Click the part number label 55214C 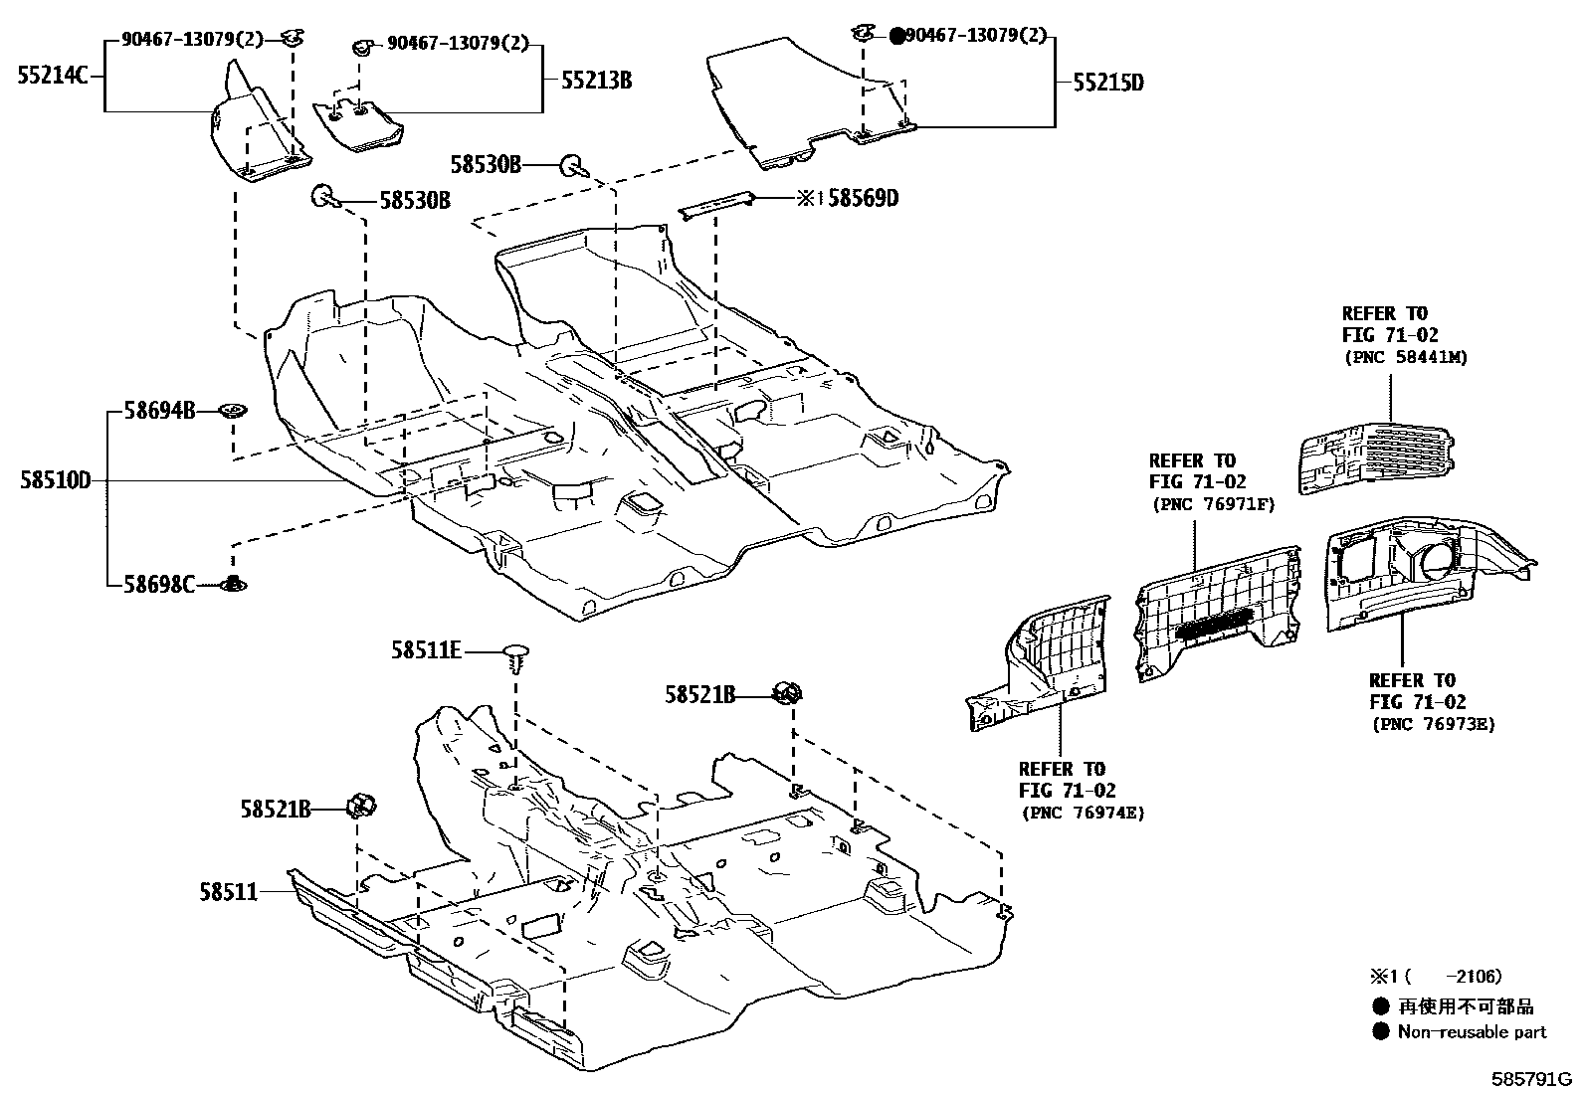[x=53, y=75]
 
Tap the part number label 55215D [x=1107, y=83]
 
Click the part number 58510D [x=55, y=481]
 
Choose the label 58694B [x=159, y=410]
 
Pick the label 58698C [x=159, y=584]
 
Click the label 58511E [x=426, y=650]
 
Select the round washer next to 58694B [x=234, y=410]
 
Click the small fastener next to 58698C [x=234, y=584]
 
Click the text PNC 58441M [x=1405, y=357]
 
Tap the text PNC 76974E [x=1083, y=813]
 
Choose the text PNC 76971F [x=1213, y=504]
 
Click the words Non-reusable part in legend [x=1472, y=1032]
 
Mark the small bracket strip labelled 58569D [x=714, y=205]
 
